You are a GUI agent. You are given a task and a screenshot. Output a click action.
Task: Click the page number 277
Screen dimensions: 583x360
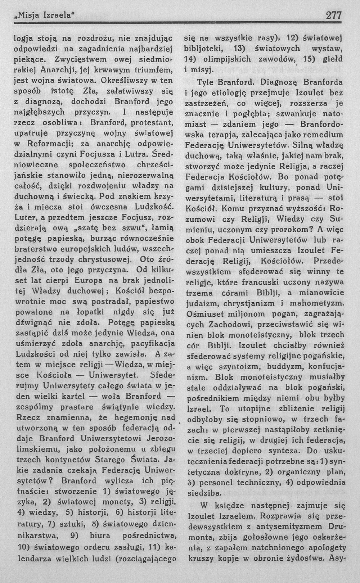point(333,15)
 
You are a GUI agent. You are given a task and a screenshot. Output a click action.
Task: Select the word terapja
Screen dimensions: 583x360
point(222,135)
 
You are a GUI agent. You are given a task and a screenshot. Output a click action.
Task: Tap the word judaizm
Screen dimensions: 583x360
point(201,303)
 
